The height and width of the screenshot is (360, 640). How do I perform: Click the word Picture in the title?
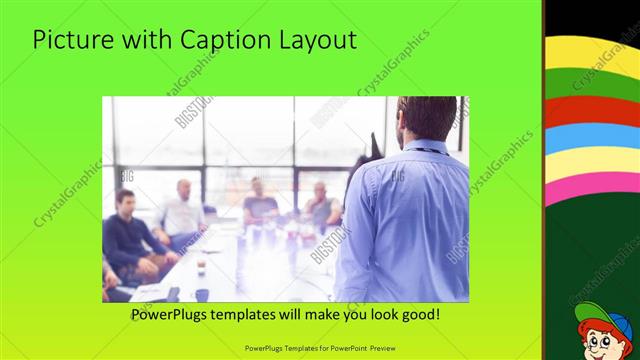(x=68, y=41)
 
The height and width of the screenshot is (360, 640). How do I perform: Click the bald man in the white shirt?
(x=181, y=213)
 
